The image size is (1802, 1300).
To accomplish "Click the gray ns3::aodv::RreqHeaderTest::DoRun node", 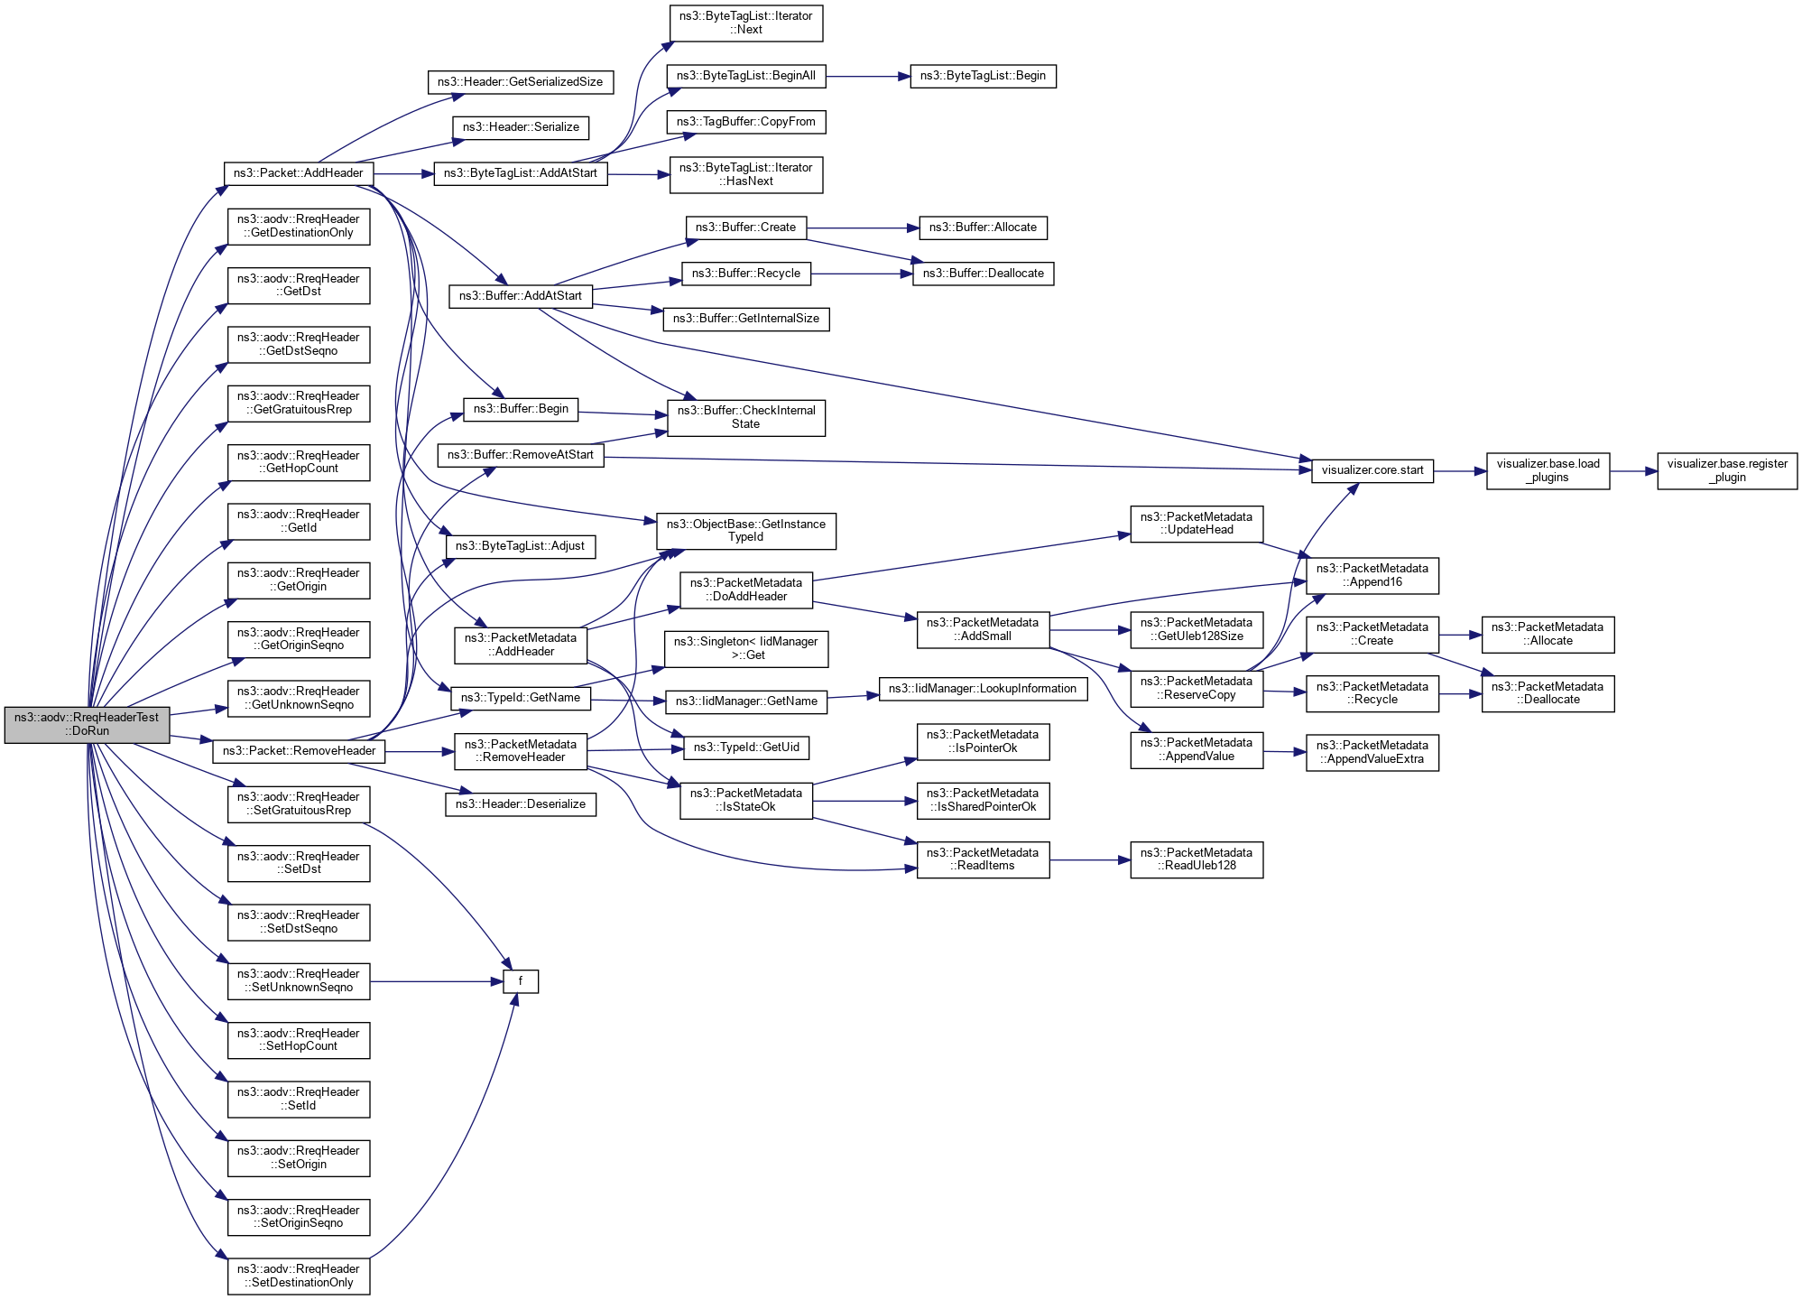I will (x=87, y=724).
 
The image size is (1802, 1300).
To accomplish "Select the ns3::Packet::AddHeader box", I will (x=298, y=173).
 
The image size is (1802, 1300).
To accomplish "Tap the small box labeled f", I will (x=521, y=981).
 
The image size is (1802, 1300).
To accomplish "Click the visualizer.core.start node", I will (x=1372, y=470).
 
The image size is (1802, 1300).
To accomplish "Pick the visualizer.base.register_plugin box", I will (x=1726, y=470).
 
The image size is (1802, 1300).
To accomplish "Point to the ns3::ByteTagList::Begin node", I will (x=983, y=76).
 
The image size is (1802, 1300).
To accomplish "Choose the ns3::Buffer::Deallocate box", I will (x=983, y=274).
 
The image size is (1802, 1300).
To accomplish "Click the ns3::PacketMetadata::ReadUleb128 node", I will (x=1197, y=859).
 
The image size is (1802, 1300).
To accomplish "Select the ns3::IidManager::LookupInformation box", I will (x=983, y=689).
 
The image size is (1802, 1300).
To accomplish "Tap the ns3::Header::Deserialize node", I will (x=521, y=804).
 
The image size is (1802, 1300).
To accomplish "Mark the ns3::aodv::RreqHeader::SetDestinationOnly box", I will (x=299, y=1276).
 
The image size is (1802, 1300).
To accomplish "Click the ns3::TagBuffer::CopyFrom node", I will (x=745, y=122).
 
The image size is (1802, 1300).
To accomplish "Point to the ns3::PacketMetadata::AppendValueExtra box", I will (x=1372, y=752).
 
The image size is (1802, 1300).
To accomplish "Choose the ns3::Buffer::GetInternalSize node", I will (x=745, y=319).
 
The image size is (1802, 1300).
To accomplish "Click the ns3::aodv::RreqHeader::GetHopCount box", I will (x=299, y=462).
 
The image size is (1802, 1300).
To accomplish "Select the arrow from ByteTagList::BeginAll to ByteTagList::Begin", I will (x=867, y=77).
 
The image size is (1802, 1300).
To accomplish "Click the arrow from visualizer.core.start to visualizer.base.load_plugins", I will (x=1459, y=471).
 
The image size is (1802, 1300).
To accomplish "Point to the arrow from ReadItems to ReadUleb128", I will (x=1089, y=860).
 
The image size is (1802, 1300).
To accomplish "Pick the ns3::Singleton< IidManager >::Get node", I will (x=745, y=648).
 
